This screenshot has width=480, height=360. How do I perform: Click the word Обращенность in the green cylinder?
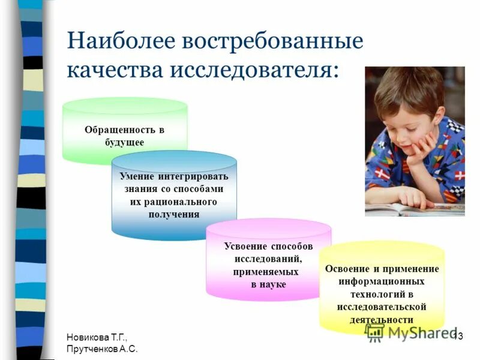click(118, 130)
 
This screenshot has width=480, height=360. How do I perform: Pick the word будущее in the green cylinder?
click(124, 142)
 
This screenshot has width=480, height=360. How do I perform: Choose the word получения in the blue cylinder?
click(174, 214)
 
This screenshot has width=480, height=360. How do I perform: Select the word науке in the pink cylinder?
click(274, 284)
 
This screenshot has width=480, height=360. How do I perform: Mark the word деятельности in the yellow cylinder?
click(382, 319)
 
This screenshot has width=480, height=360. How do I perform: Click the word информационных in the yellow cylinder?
click(382, 281)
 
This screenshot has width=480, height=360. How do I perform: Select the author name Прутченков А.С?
click(103, 349)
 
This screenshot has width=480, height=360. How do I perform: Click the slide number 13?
click(457, 335)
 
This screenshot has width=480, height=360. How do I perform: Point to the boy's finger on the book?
click(411, 201)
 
